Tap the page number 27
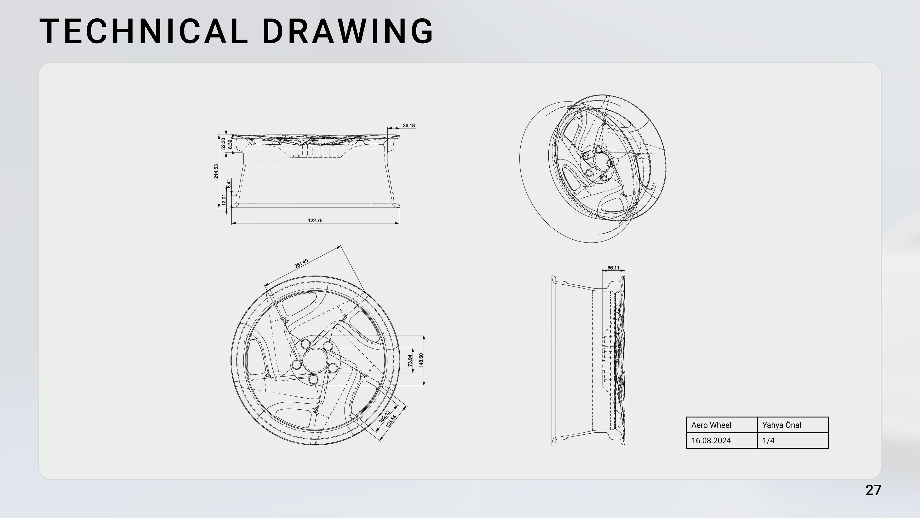click(x=873, y=490)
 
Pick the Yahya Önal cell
click(x=793, y=425)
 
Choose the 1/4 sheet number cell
click(x=793, y=441)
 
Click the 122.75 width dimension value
click(x=315, y=221)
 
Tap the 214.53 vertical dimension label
click(x=216, y=172)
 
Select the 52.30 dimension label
click(x=224, y=144)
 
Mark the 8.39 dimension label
click(x=230, y=144)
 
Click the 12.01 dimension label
click(x=224, y=200)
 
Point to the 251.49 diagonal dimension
click(x=301, y=264)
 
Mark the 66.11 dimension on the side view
click(x=613, y=268)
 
